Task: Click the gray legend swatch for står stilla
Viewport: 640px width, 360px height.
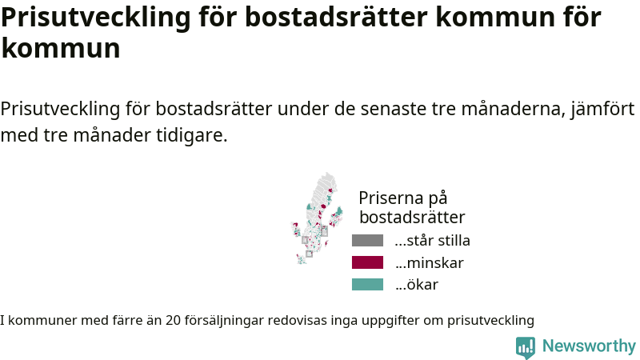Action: [367, 241]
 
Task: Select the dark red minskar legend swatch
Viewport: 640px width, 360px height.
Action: [367, 262]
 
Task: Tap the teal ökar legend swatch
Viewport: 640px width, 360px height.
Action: [367, 284]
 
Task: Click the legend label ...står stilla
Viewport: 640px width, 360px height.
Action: [432, 241]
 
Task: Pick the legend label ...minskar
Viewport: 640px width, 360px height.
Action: [429, 263]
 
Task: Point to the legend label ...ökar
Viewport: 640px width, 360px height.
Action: [416, 285]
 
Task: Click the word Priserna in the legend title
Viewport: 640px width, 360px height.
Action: [390, 198]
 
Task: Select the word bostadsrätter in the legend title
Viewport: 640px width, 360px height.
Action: [412, 217]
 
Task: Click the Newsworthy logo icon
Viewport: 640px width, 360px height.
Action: [526, 347]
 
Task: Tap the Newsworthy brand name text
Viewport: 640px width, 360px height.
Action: [589, 346]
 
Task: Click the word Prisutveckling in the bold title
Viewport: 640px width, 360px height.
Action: [96, 18]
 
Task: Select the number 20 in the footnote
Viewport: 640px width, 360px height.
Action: [173, 321]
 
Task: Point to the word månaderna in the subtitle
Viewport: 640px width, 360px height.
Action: [513, 109]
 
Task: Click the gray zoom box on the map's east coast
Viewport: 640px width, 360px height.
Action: [324, 231]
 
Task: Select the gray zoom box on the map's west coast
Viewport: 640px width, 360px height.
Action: [305, 240]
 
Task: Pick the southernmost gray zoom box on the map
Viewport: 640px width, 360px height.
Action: [309, 254]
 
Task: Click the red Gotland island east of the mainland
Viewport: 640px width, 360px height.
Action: [326, 244]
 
